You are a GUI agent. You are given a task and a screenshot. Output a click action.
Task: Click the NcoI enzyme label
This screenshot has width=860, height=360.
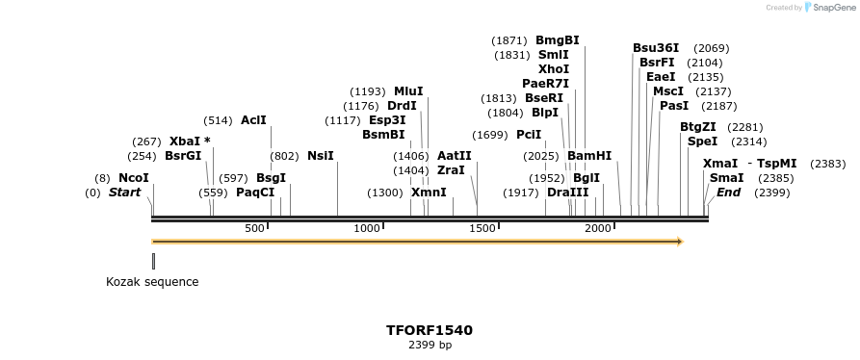point(134,178)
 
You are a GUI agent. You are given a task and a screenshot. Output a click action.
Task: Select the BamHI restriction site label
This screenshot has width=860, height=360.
point(589,156)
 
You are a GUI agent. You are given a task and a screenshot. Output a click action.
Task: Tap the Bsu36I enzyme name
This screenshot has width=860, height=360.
point(656,48)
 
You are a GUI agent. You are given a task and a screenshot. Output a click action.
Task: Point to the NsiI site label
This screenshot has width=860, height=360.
point(321,156)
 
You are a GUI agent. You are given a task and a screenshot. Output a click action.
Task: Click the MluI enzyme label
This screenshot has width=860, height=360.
point(408,91)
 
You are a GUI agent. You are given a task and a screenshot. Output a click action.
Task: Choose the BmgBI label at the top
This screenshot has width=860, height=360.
point(558,40)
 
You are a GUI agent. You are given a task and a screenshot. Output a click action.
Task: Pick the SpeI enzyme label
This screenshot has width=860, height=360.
point(702,141)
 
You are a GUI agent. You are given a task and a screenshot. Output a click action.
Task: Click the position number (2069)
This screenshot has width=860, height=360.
point(711,48)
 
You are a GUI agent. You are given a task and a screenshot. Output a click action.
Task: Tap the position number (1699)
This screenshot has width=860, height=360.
point(491,135)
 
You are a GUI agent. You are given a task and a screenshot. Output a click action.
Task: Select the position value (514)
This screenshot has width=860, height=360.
point(218,120)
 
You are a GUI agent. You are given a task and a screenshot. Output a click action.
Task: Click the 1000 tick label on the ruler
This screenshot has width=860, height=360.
point(367,228)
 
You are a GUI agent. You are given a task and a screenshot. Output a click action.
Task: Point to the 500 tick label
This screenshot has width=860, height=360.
point(254,228)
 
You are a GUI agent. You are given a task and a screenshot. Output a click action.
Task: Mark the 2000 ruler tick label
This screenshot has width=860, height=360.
point(599,228)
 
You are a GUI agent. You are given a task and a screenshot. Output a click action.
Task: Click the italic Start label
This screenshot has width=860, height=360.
point(124,193)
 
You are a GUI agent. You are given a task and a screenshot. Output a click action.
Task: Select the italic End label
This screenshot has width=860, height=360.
point(729,193)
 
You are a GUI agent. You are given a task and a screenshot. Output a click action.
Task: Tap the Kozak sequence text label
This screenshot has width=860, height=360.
point(152,282)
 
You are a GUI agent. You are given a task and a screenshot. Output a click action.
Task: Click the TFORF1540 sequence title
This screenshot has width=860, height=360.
point(430,330)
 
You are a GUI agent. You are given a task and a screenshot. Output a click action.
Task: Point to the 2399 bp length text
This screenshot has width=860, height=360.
point(430,345)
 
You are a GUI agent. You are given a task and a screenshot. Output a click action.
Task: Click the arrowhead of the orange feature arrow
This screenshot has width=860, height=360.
point(679,242)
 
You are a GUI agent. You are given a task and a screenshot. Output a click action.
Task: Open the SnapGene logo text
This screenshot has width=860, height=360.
point(829,8)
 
